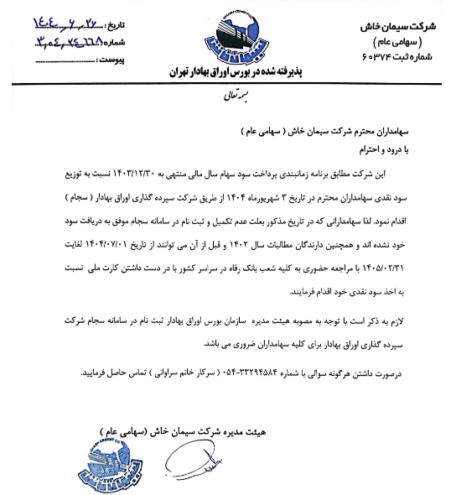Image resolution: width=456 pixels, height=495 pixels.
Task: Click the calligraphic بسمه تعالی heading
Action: [x=227, y=99]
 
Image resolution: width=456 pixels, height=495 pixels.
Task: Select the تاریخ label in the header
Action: [x=116, y=17]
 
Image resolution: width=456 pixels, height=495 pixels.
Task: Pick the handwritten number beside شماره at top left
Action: [x=59, y=39]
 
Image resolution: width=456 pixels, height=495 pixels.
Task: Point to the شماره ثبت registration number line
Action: [x=402, y=55]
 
